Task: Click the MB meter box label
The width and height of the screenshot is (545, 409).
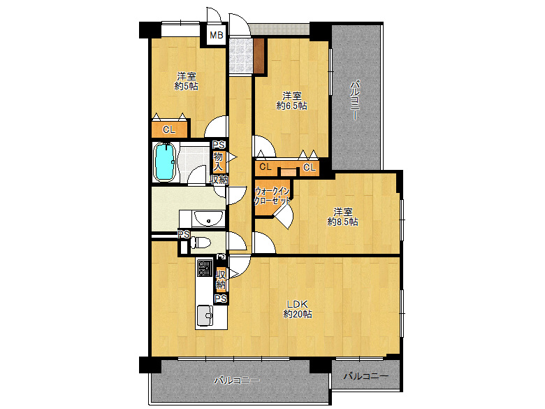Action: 216,35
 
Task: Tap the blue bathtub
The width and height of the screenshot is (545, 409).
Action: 164,162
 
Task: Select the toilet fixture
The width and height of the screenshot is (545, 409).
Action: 201,242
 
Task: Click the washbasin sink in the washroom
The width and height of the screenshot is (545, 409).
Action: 208,219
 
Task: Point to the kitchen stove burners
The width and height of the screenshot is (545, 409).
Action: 204,268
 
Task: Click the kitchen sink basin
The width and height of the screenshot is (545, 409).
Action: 205,316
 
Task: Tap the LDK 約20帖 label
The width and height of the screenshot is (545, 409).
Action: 297,309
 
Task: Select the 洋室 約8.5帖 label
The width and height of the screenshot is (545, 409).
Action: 342,217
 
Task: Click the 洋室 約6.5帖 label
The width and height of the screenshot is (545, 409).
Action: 291,100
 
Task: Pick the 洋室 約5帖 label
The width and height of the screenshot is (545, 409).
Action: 187,81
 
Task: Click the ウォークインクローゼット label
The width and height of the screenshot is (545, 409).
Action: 272,196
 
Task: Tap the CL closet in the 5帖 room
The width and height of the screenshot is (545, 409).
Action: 169,129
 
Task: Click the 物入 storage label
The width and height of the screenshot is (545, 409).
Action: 218,162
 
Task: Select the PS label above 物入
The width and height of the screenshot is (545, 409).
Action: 219,145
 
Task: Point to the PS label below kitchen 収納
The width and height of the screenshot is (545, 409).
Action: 220,299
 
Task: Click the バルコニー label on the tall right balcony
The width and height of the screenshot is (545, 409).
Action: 354,100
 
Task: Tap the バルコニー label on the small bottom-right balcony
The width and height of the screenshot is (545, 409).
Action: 366,376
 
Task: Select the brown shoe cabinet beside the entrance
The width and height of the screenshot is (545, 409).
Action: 259,56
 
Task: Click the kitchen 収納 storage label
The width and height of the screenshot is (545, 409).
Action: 220,280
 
